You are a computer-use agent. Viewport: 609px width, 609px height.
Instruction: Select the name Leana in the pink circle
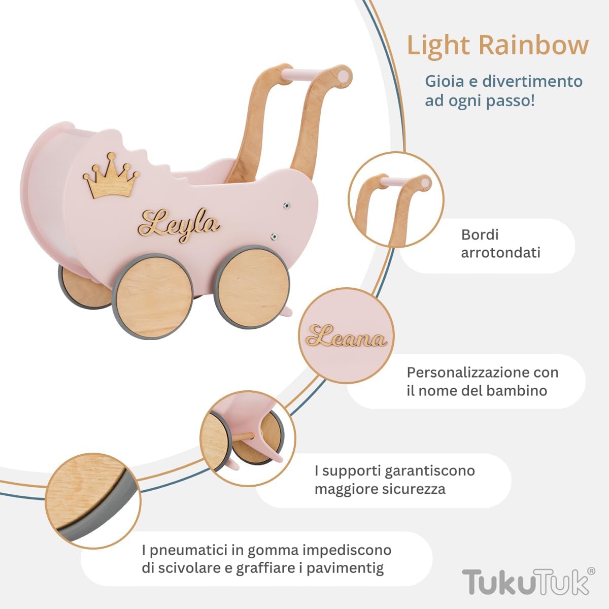click(346, 337)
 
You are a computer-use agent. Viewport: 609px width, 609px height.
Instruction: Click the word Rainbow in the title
click(533, 45)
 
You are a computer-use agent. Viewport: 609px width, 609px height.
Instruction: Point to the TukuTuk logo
click(525, 582)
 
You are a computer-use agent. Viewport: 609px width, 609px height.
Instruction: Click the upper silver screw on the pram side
click(288, 206)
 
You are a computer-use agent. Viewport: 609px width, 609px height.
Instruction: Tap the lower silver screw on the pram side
click(275, 235)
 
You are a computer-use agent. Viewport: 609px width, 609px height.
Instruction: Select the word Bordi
click(480, 234)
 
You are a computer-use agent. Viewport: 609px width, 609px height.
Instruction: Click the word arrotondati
click(500, 252)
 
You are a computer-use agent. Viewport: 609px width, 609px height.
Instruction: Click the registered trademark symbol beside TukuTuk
click(591, 571)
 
